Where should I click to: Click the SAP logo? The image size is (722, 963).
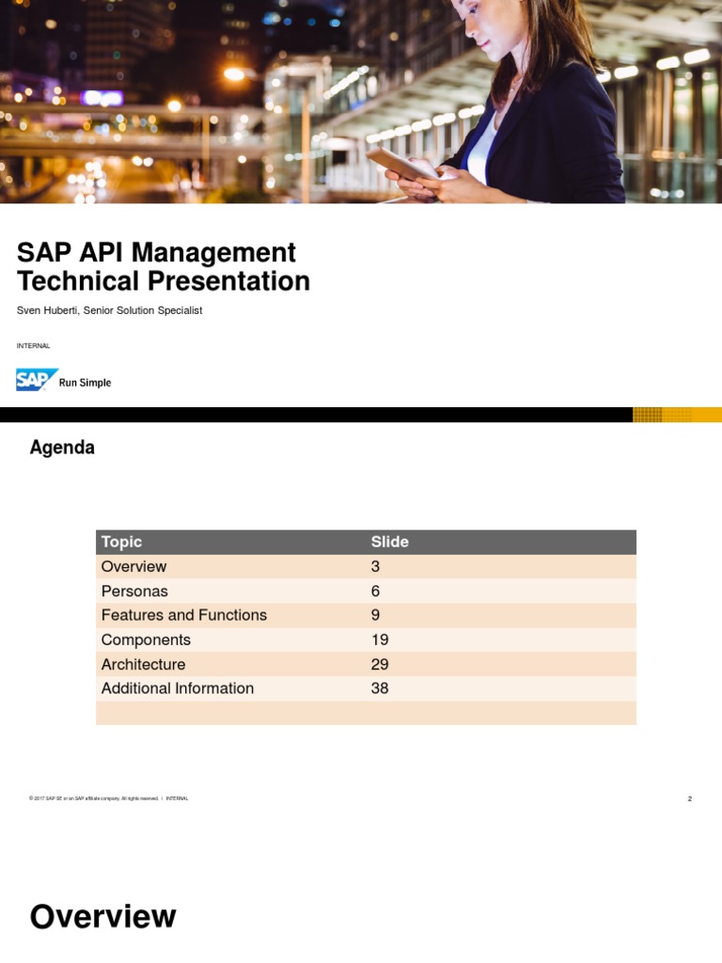[37, 380]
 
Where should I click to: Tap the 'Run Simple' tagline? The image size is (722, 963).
[85, 383]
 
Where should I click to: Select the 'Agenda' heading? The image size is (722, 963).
[62, 448]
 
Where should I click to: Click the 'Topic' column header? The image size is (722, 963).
[121, 542]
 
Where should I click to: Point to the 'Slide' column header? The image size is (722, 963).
[389, 542]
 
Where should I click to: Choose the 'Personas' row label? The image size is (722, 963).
[134, 591]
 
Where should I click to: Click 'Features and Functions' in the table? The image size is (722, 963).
[183, 615]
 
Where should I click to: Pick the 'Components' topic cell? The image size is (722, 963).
[146, 639]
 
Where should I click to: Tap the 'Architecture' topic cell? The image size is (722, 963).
[143, 664]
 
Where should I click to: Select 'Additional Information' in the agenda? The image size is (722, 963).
[177, 688]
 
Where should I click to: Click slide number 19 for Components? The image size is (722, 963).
[380, 639]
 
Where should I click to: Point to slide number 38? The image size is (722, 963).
[380, 688]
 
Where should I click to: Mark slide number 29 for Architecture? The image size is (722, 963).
[380, 664]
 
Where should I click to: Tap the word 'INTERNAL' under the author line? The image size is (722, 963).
[33, 346]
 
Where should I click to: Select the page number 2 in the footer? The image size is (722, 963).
[689, 798]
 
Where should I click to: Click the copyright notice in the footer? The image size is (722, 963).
[94, 798]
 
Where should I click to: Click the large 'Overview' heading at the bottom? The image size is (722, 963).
[102, 916]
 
